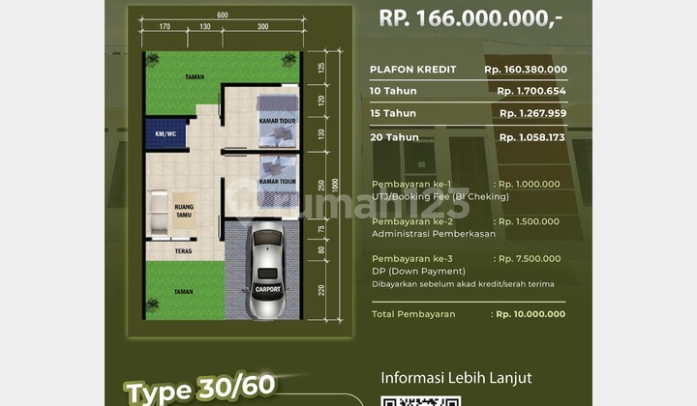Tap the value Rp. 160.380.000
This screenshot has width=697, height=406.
pyautogui.click(x=526, y=70)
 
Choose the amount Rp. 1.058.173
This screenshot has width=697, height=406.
pyautogui.click(x=532, y=137)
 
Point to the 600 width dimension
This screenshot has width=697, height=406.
pyautogui.click(x=223, y=14)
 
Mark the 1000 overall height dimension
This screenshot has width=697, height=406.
pyautogui.click(x=336, y=184)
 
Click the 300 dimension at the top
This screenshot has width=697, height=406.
pyautogui.click(x=262, y=27)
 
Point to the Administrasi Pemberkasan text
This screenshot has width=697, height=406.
pyautogui.click(x=433, y=234)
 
